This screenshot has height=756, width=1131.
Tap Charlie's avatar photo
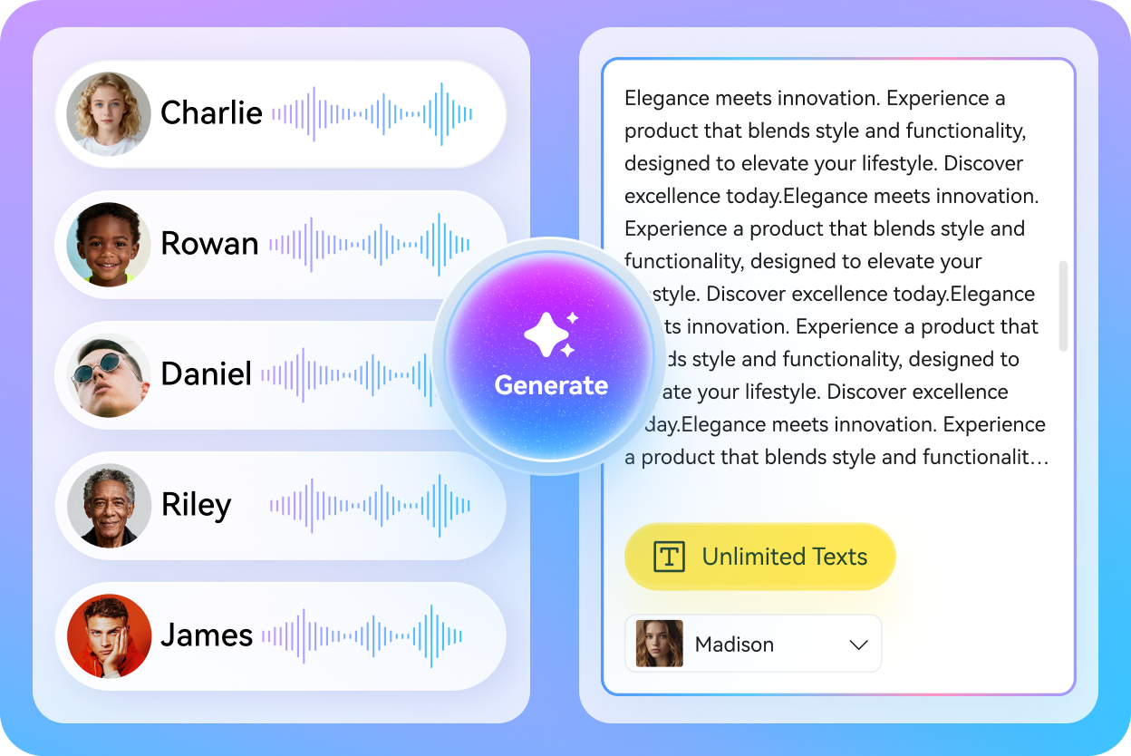click(x=109, y=114)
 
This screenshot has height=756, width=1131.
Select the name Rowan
click(x=209, y=243)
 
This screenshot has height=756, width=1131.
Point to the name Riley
click(x=196, y=505)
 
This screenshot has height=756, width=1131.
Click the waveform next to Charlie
click(x=372, y=114)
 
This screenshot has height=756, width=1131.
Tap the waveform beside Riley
click(x=370, y=505)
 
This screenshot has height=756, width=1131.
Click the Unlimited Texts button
click(x=759, y=557)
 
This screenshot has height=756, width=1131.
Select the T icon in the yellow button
click(x=669, y=557)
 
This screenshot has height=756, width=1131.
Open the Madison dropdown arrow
click(x=858, y=645)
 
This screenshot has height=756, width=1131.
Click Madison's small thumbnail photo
click(x=659, y=644)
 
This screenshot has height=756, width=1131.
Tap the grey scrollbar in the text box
click(x=1063, y=305)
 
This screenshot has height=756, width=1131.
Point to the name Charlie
click(x=211, y=113)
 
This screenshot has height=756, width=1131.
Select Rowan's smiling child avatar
click(x=109, y=244)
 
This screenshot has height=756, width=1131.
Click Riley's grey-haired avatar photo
click(x=109, y=506)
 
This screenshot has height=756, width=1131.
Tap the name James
click(x=207, y=635)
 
